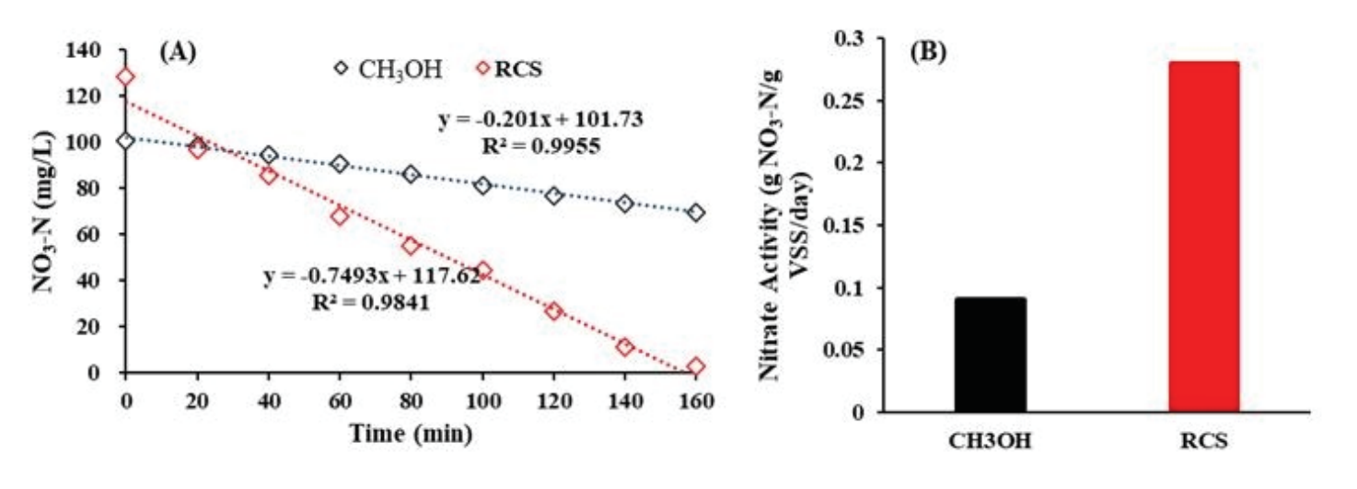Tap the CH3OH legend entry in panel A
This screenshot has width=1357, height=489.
point(387,68)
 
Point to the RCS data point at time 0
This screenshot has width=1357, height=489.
point(126,77)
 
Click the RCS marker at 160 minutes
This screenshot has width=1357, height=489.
point(696,367)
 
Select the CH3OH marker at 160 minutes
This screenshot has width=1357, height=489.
point(696,213)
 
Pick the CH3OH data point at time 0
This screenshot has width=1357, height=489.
point(126,141)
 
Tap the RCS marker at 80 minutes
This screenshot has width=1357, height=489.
point(411,246)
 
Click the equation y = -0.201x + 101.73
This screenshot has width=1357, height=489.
point(553,120)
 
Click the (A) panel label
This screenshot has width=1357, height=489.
point(177,52)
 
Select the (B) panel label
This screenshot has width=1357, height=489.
point(928,52)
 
